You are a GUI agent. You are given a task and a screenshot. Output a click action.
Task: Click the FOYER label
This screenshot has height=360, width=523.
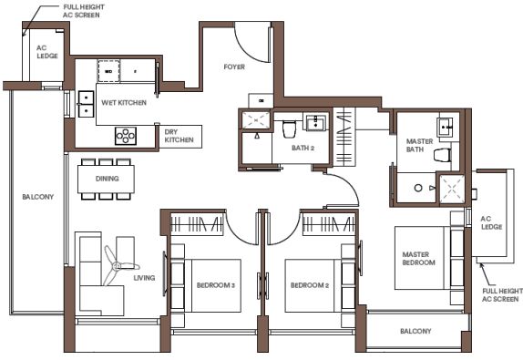(x=234, y=67)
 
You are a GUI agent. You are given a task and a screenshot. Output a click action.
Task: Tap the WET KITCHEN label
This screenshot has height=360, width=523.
(x=124, y=102)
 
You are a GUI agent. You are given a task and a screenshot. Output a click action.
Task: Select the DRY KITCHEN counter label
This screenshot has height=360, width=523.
(x=179, y=136)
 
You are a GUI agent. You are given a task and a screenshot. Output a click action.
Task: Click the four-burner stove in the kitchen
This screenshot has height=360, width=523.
(x=126, y=136)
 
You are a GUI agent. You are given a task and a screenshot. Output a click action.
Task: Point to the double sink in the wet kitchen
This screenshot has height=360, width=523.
(x=86, y=104)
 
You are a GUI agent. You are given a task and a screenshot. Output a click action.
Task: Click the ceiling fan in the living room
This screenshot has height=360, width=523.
(x=118, y=266)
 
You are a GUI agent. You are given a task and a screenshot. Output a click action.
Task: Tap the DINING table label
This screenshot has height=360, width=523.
(x=108, y=179)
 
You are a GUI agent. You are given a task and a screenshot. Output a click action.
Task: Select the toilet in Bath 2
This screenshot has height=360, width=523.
(x=289, y=129)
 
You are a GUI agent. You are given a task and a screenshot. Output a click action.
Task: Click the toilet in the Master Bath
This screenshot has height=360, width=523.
(x=443, y=155)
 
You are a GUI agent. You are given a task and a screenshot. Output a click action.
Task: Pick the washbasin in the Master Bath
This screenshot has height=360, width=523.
(x=445, y=127)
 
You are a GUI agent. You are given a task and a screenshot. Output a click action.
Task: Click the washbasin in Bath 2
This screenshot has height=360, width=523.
(x=315, y=122)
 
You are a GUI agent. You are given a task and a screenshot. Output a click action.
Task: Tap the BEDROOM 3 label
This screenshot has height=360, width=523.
(x=216, y=285)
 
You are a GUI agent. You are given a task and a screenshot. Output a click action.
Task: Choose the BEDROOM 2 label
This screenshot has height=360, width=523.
(x=310, y=285)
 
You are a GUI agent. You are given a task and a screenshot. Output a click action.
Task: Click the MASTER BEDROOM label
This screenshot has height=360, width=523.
(x=418, y=259)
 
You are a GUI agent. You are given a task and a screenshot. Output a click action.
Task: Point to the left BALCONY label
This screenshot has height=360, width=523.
(x=38, y=197)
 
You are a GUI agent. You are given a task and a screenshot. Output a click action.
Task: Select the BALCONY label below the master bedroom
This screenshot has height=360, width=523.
(x=415, y=331)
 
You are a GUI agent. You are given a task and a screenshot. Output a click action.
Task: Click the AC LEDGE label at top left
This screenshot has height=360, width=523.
(x=47, y=52)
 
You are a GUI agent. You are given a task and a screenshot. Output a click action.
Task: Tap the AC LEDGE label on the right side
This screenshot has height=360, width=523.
(x=491, y=223)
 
